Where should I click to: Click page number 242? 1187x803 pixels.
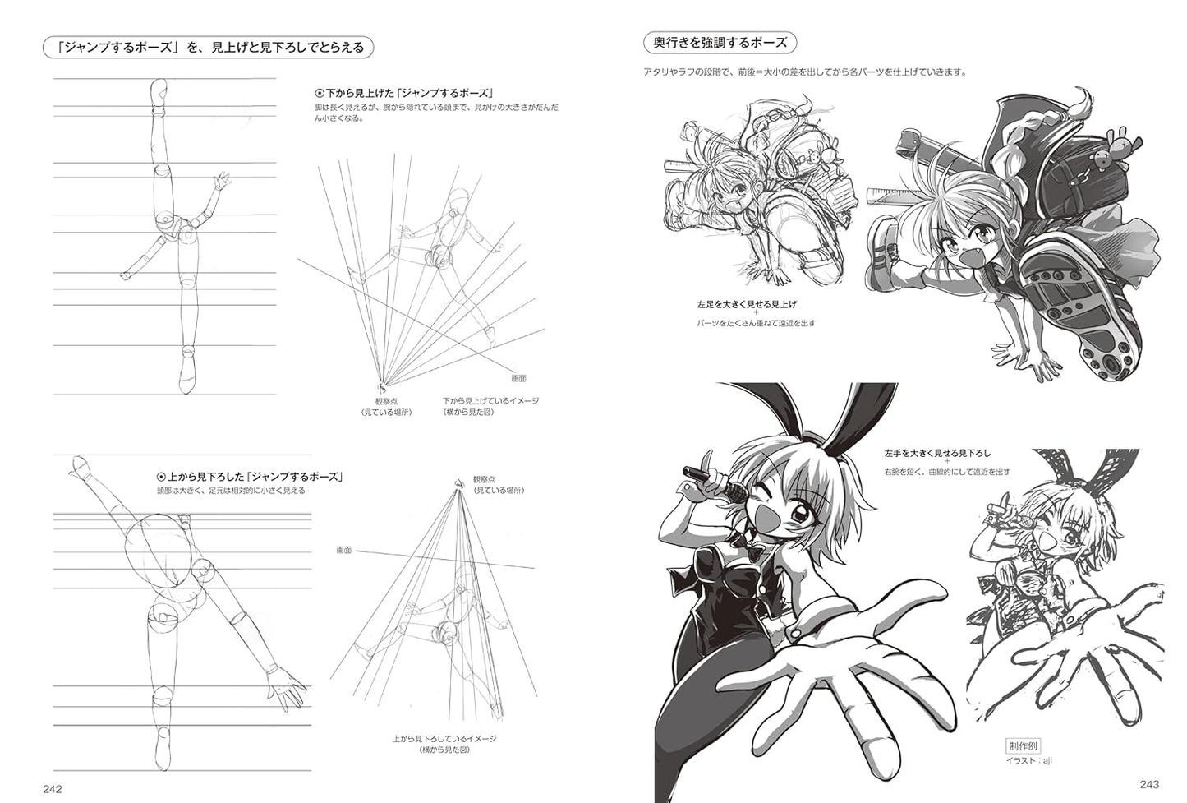53,788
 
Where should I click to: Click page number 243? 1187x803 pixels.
1149,784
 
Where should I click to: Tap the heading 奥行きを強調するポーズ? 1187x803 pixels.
720,43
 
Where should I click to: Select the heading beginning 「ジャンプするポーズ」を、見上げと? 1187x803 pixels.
209,48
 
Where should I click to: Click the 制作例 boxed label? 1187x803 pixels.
1023,746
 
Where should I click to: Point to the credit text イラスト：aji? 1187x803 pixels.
1028,760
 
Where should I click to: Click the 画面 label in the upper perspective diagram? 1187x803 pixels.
518,378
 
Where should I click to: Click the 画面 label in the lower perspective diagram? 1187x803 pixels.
343,550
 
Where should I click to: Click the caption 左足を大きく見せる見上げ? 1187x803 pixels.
747,305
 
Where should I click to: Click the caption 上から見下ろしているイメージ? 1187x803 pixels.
444,739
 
